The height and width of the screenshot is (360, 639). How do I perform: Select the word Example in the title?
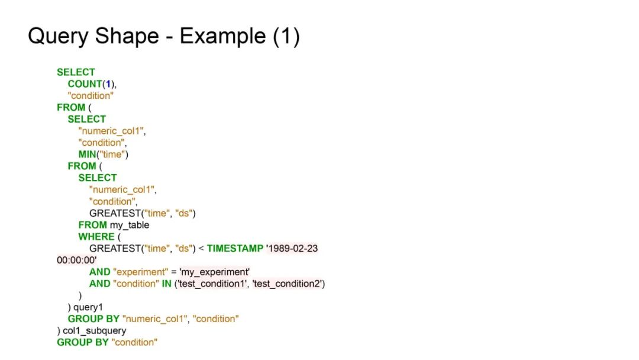[x=222, y=37]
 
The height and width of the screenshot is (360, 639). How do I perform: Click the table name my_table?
[x=130, y=225]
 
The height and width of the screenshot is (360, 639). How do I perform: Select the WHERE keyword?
[x=96, y=237]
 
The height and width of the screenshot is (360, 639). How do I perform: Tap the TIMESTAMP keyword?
[x=234, y=249]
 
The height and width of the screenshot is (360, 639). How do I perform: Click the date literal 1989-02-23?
[x=292, y=249]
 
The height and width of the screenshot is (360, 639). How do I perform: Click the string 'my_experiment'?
[x=215, y=272]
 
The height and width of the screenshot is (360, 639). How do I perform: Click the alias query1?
[x=88, y=307]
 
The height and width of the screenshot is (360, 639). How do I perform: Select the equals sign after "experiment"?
[x=174, y=272]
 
